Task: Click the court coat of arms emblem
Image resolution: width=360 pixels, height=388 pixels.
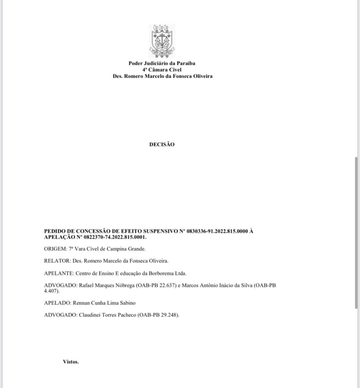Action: click(x=162, y=40)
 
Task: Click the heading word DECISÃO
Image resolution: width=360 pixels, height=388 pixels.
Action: click(x=162, y=144)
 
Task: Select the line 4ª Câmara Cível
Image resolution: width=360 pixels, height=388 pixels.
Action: click(x=162, y=70)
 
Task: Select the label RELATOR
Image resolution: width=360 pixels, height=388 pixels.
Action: click(x=57, y=261)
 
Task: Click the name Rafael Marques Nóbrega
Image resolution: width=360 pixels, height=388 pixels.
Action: click(x=106, y=285)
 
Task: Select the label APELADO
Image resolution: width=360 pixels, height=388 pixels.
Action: click(x=58, y=303)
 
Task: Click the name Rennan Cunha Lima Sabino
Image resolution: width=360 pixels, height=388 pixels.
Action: click(x=104, y=303)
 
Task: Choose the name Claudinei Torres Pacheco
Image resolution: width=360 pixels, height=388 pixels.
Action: click(x=107, y=315)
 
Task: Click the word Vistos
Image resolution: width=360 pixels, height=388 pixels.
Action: click(x=71, y=362)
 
